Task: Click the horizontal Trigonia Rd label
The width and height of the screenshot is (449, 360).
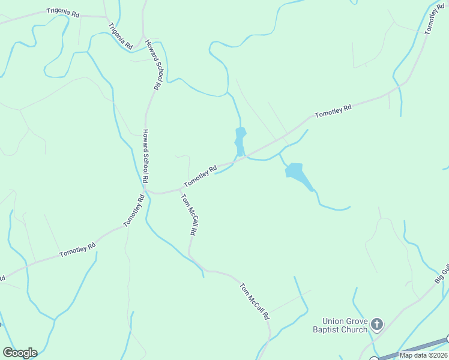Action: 63,13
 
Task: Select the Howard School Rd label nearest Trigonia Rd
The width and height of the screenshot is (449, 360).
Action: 155,65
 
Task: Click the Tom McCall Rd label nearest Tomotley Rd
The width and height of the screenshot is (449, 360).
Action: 190,214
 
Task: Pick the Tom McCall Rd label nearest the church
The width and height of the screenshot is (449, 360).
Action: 255,301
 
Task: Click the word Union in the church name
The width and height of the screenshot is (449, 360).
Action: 333,321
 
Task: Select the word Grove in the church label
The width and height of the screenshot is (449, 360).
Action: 356,321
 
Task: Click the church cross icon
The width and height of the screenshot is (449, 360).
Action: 377,325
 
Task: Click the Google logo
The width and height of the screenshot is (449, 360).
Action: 20,353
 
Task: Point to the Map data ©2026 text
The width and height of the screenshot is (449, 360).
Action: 423,355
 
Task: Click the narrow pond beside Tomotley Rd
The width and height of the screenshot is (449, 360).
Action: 240,141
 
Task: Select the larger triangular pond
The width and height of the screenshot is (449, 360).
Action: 298,175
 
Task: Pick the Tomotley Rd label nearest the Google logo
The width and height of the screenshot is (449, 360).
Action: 77,250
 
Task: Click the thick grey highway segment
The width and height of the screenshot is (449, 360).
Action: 414,349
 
